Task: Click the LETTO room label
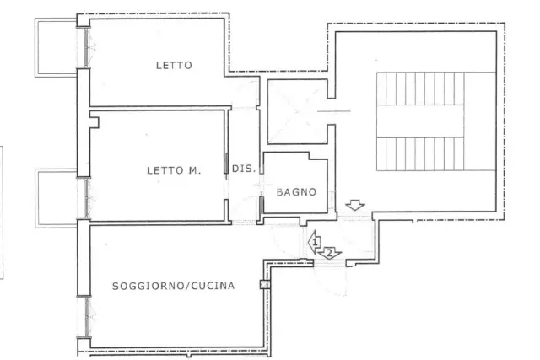[x=174, y=66]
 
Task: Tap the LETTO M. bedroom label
[x=174, y=170]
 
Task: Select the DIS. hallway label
[x=244, y=169]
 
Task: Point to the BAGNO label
[x=296, y=192]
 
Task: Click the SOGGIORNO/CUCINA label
[x=174, y=286]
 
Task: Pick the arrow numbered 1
[x=315, y=242]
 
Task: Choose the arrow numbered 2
[x=330, y=254]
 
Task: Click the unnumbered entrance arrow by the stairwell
[x=355, y=206]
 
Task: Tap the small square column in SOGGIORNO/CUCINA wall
[x=264, y=284]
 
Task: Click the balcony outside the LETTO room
[x=55, y=47]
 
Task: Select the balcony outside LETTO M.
[x=55, y=198]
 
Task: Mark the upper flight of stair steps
[x=420, y=89]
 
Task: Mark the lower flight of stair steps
[x=420, y=153]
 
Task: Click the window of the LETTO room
[x=86, y=47]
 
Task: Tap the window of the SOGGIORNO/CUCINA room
[x=86, y=317]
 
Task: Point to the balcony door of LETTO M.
[x=86, y=198]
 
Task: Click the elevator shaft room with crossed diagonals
[x=297, y=111]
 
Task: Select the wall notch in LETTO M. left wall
[x=94, y=122]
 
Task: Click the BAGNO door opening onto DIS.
[x=262, y=185]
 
